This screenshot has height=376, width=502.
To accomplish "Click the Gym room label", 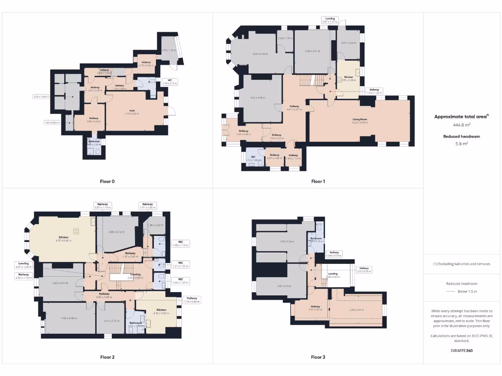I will (x=131, y=111).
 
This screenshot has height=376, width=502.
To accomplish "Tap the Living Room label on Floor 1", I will (x=360, y=119).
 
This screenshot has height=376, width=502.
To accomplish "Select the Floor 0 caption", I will (x=107, y=182).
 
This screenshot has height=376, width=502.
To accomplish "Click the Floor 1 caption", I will (x=318, y=182).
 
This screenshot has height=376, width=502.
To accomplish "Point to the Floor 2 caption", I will (x=107, y=357).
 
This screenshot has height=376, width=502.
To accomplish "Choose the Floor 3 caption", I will (x=318, y=357).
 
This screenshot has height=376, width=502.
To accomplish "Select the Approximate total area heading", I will (x=461, y=117).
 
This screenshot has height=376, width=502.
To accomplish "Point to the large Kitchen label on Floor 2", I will (x=64, y=237).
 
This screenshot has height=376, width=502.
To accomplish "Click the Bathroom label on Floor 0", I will (x=94, y=141).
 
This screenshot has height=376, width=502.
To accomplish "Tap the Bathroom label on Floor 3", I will (x=316, y=238).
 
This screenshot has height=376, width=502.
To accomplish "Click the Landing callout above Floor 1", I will (x=330, y=19).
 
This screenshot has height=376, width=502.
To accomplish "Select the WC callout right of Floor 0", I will (x=171, y=80).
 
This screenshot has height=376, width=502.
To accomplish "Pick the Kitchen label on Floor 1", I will (x=348, y=77).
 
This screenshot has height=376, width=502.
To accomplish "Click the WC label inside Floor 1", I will (x=253, y=157).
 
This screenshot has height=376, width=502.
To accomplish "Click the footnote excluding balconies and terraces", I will (x=461, y=264).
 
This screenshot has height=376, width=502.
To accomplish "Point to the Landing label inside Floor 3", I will (x=332, y=274).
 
